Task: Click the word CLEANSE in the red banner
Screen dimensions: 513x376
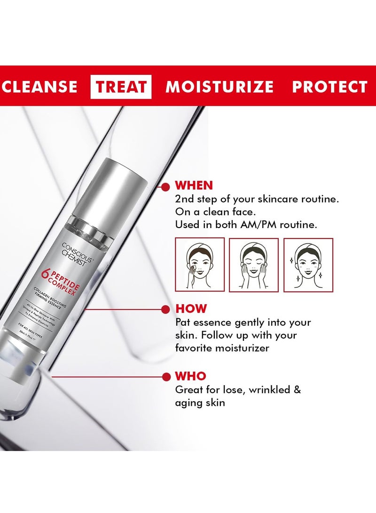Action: point(39,87)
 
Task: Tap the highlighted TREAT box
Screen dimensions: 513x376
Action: point(121,87)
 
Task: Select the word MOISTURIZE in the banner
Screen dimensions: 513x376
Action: point(219,87)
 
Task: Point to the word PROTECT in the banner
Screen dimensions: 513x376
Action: point(329,87)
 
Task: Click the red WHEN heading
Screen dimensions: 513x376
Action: point(194,185)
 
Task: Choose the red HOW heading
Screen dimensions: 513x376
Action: point(191,309)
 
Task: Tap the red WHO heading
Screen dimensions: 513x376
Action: point(190,376)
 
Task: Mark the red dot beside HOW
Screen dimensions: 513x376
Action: point(165,309)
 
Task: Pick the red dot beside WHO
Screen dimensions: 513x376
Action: point(165,377)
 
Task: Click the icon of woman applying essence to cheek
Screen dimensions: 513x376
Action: point(200,265)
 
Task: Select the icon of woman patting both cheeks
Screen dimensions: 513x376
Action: point(254,265)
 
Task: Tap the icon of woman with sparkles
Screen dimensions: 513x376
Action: point(308,265)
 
